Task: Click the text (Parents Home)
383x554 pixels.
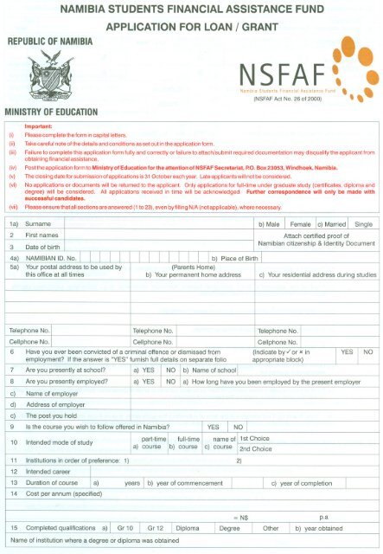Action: pos(197,267)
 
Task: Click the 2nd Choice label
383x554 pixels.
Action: pos(256,449)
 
